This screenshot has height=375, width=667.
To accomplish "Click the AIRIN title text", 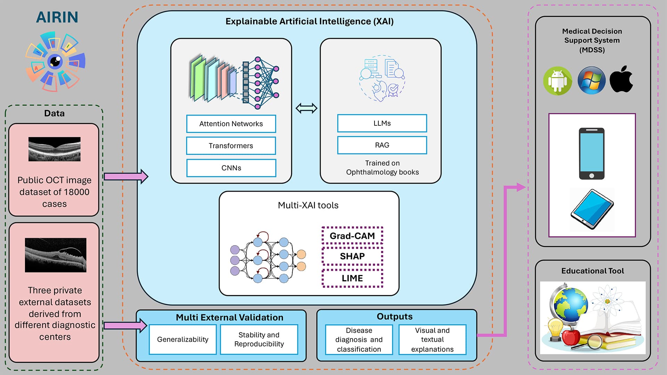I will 57,17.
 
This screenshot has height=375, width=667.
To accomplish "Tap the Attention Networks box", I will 231,124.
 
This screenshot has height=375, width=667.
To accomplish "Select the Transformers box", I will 231,146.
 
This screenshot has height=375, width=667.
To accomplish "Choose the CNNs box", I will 231,168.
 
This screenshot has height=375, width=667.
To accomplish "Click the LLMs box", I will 382,123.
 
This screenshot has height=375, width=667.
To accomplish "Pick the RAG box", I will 382,145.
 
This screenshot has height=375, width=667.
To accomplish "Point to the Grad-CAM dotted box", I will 352,236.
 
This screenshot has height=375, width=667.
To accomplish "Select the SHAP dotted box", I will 352,256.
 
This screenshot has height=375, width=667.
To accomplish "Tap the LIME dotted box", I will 352,278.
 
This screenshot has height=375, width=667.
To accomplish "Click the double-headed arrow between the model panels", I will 306,108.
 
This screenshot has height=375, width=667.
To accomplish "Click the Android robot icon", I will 558,81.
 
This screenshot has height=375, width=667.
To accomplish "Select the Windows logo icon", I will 591,81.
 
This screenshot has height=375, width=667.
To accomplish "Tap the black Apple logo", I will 621,80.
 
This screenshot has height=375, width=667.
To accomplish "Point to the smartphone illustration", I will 592,153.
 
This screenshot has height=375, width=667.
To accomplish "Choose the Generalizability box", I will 183,340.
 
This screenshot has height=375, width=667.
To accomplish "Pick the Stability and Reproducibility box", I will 259,340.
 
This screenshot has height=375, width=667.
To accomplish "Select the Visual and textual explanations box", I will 432,340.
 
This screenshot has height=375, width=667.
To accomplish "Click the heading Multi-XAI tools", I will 308,205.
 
